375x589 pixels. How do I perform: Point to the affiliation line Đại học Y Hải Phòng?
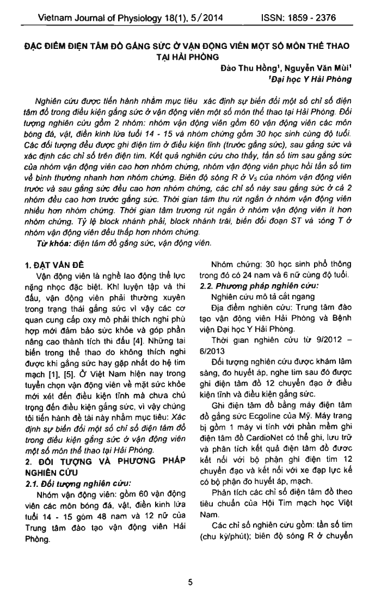310,79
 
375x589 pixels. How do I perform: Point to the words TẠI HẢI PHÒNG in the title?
187,55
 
